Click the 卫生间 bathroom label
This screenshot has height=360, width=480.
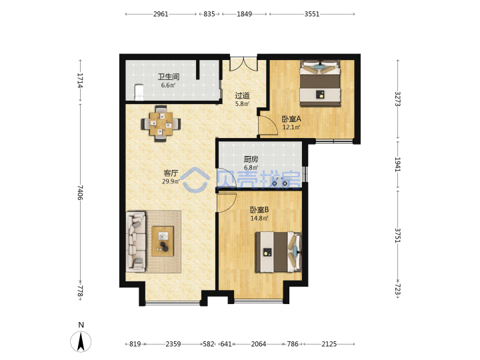pyautogui.click(x=169, y=77)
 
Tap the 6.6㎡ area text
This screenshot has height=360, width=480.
pyautogui.click(x=169, y=85)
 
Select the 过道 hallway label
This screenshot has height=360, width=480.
pyautogui.click(x=242, y=96)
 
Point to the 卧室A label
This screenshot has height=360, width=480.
pyautogui.click(x=291, y=119)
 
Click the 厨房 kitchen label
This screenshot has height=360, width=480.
pyautogui.click(x=251, y=159)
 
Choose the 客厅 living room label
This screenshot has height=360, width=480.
pyautogui.click(x=171, y=173)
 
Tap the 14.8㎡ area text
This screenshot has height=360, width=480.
pyautogui.click(x=259, y=218)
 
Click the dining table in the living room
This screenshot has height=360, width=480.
pyautogui.click(x=161, y=124)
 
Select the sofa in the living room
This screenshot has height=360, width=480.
pyautogui.click(x=135, y=241)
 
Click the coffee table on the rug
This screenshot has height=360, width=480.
pyautogui.click(x=163, y=241)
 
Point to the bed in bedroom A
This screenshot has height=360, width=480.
pyautogui.click(x=320, y=83)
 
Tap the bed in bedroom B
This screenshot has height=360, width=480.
pyautogui.click(x=278, y=252)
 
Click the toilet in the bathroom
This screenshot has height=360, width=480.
pyautogui.click(x=139, y=92)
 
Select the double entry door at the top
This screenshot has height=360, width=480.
pyautogui.click(x=244, y=64)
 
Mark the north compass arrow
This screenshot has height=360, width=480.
pyautogui.click(x=81, y=341)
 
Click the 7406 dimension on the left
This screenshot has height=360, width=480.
pyautogui.click(x=80, y=192)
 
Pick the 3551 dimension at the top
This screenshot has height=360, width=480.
pyautogui.click(x=312, y=14)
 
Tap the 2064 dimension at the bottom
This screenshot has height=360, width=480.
pyautogui.click(x=259, y=344)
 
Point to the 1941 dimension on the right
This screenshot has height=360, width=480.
pyautogui.click(x=397, y=165)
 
